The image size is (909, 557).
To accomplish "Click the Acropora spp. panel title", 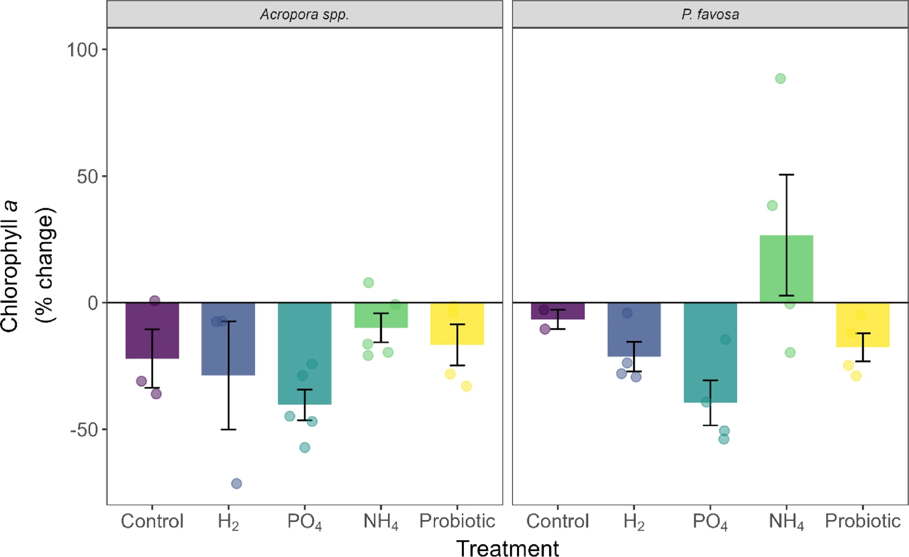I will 304,14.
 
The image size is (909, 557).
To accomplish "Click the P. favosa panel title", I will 710,14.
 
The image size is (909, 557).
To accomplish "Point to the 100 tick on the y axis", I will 82,50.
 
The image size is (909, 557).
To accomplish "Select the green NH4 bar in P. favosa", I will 786,269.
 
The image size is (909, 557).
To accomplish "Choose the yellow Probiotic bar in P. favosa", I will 863,325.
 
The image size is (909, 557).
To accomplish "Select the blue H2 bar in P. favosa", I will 634,329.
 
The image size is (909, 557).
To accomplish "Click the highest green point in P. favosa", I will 780,79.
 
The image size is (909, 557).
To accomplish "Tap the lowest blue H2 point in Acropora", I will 236,484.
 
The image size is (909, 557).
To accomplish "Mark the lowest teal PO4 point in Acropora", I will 305,447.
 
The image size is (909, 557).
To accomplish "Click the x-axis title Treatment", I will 507,548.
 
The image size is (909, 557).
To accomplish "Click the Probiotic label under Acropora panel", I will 457,521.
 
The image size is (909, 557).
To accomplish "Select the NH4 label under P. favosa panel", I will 786,522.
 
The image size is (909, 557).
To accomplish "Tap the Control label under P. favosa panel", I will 557,521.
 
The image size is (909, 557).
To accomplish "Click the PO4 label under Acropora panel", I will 305,522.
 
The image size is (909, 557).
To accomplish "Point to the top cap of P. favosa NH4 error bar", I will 786,175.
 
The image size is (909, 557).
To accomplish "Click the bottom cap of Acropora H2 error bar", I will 228,430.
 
